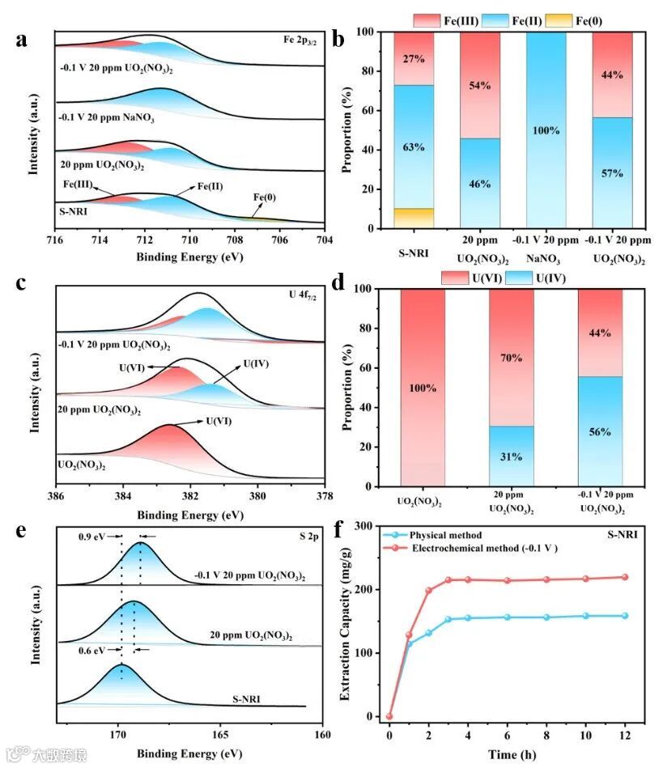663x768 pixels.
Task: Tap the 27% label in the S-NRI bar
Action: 414,58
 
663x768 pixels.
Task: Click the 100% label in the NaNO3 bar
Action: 546,129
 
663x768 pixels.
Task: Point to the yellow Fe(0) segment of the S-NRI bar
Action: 414,219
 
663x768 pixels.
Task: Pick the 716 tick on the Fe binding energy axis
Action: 55,240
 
